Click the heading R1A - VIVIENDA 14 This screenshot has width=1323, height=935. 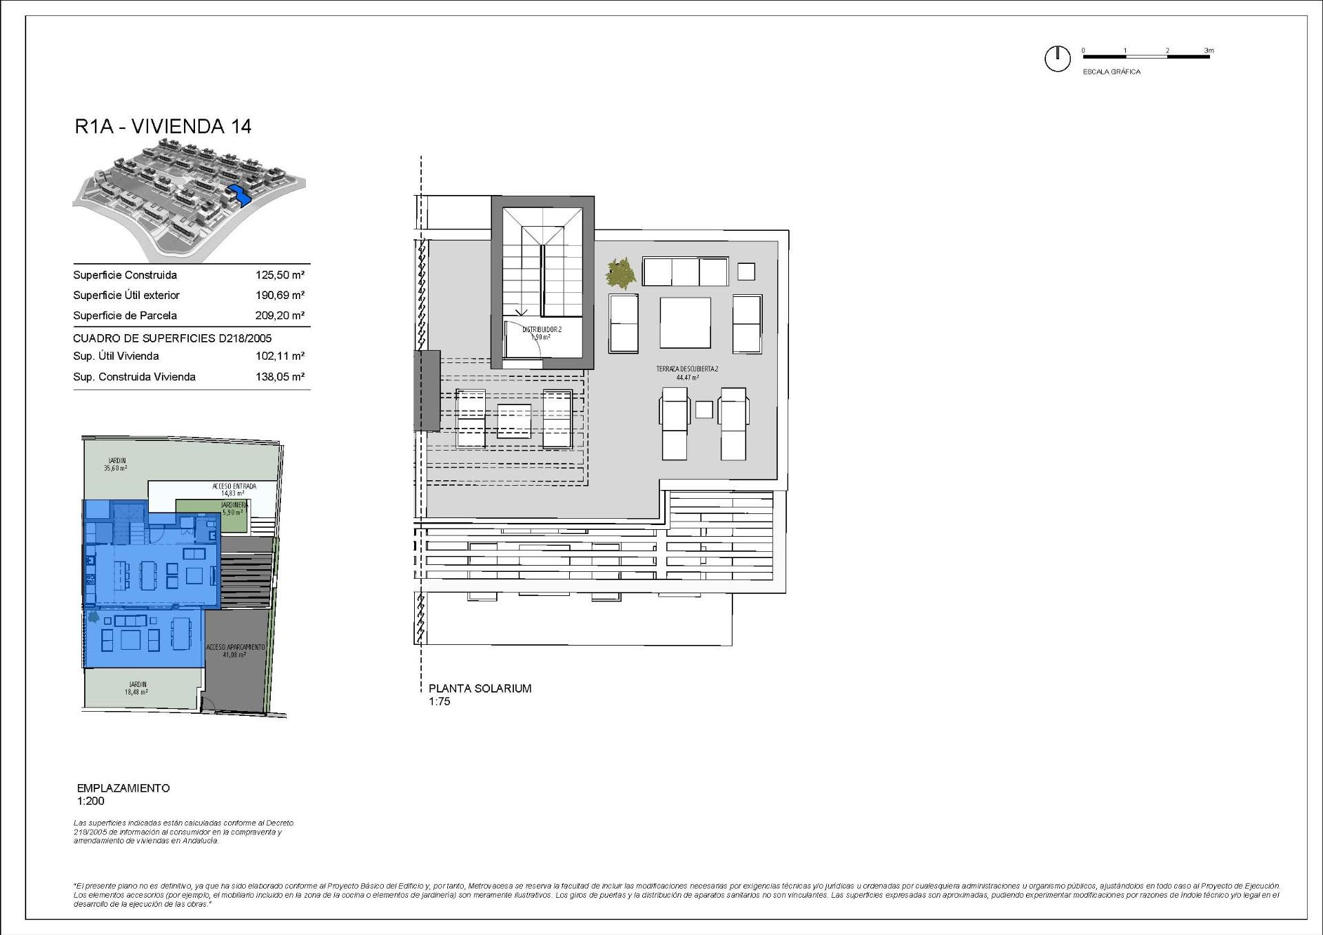coord(163,126)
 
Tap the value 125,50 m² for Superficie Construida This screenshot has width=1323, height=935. coord(280,275)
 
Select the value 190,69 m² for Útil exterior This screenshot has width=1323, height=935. coord(280,295)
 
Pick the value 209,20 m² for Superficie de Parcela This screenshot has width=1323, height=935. coord(280,316)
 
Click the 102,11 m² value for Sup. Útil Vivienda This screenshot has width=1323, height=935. coord(280,356)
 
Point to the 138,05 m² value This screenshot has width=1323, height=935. coord(280,377)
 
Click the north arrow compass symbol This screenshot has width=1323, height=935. coord(1057,59)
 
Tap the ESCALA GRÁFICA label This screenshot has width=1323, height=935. coord(1111,72)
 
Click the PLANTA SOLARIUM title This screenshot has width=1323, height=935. coord(480,688)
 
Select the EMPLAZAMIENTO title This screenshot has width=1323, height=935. coord(123,788)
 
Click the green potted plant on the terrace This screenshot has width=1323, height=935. coord(621,274)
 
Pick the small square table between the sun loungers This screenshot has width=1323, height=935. coord(704,409)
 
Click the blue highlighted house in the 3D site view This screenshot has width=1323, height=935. coord(237,196)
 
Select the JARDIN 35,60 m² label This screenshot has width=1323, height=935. coord(116,464)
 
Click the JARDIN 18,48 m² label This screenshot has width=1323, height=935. coord(136,688)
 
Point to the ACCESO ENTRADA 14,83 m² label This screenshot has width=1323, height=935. coord(234,489)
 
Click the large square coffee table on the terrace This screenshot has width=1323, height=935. coord(685,322)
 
